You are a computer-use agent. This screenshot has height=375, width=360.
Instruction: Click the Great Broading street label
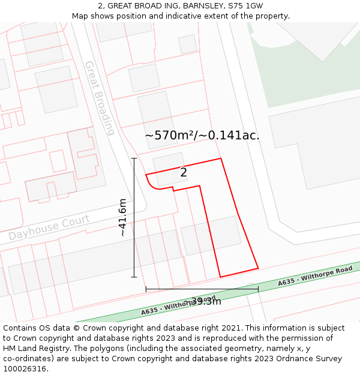click(x=100, y=98)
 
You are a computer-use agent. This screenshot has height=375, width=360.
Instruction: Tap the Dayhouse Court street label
click(x=49, y=227)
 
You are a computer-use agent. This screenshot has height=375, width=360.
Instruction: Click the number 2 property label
click(x=184, y=173)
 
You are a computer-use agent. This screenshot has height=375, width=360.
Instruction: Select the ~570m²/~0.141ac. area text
click(x=202, y=136)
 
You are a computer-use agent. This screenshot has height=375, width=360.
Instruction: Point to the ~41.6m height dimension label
click(x=123, y=217)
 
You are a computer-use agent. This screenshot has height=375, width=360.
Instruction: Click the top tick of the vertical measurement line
click(x=134, y=158)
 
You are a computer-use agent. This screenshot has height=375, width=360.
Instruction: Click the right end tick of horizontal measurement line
click(x=258, y=289)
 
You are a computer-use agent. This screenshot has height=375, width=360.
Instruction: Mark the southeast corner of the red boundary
click(x=258, y=268)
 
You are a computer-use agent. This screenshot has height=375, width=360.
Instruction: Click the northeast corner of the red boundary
click(x=221, y=158)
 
